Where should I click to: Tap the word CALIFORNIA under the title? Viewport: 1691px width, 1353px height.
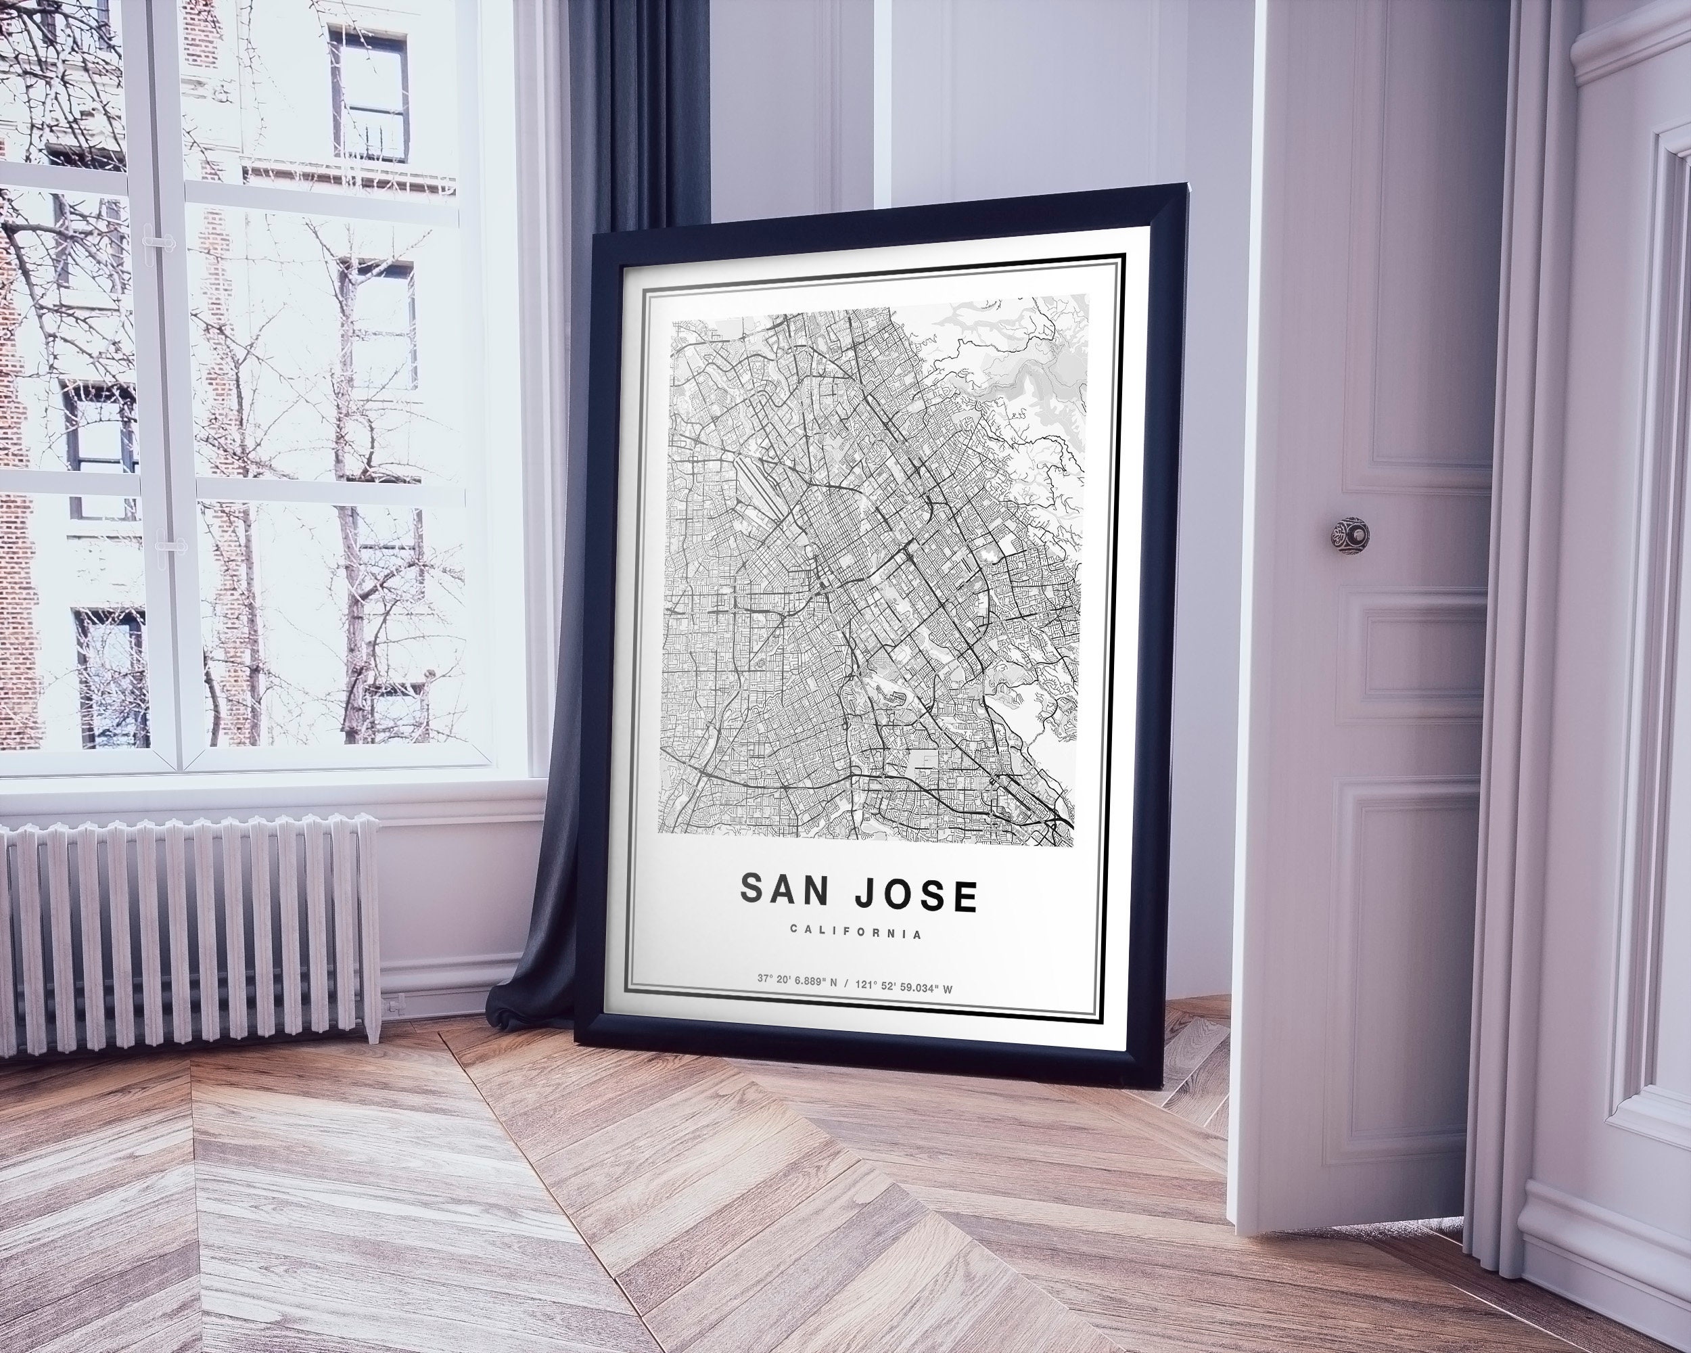tap(856, 933)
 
